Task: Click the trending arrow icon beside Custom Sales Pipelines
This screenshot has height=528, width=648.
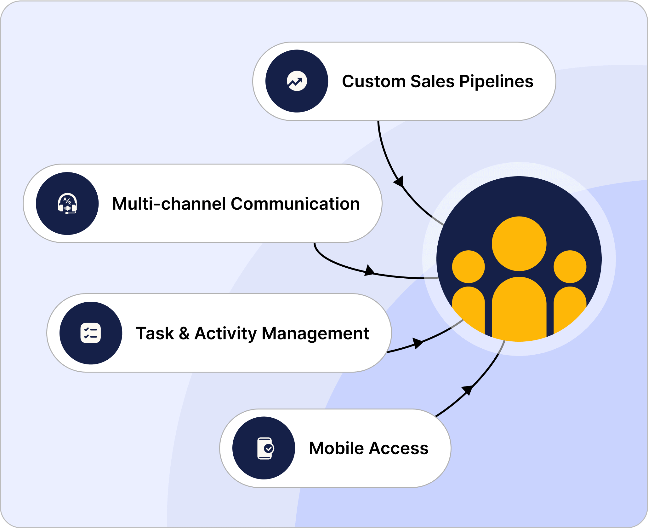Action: tap(297, 81)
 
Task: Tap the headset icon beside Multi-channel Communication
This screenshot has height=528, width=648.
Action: tap(67, 204)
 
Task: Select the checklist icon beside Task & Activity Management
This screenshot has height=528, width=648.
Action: tap(91, 333)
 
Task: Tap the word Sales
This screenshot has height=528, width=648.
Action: tap(432, 81)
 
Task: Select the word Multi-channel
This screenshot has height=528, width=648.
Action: tap(169, 204)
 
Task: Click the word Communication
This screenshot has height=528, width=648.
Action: tap(295, 204)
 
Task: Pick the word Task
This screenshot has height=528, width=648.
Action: tap(155, 334)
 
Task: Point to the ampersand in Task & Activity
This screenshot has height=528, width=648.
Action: tap(184, 334)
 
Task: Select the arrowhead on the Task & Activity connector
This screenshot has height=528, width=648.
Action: tap(418, 343)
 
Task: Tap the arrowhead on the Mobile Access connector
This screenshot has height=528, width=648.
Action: tap(467, 390)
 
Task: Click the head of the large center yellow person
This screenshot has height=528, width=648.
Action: tap(519, 243)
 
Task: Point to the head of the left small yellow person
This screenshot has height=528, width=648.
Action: tap(468, 267)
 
